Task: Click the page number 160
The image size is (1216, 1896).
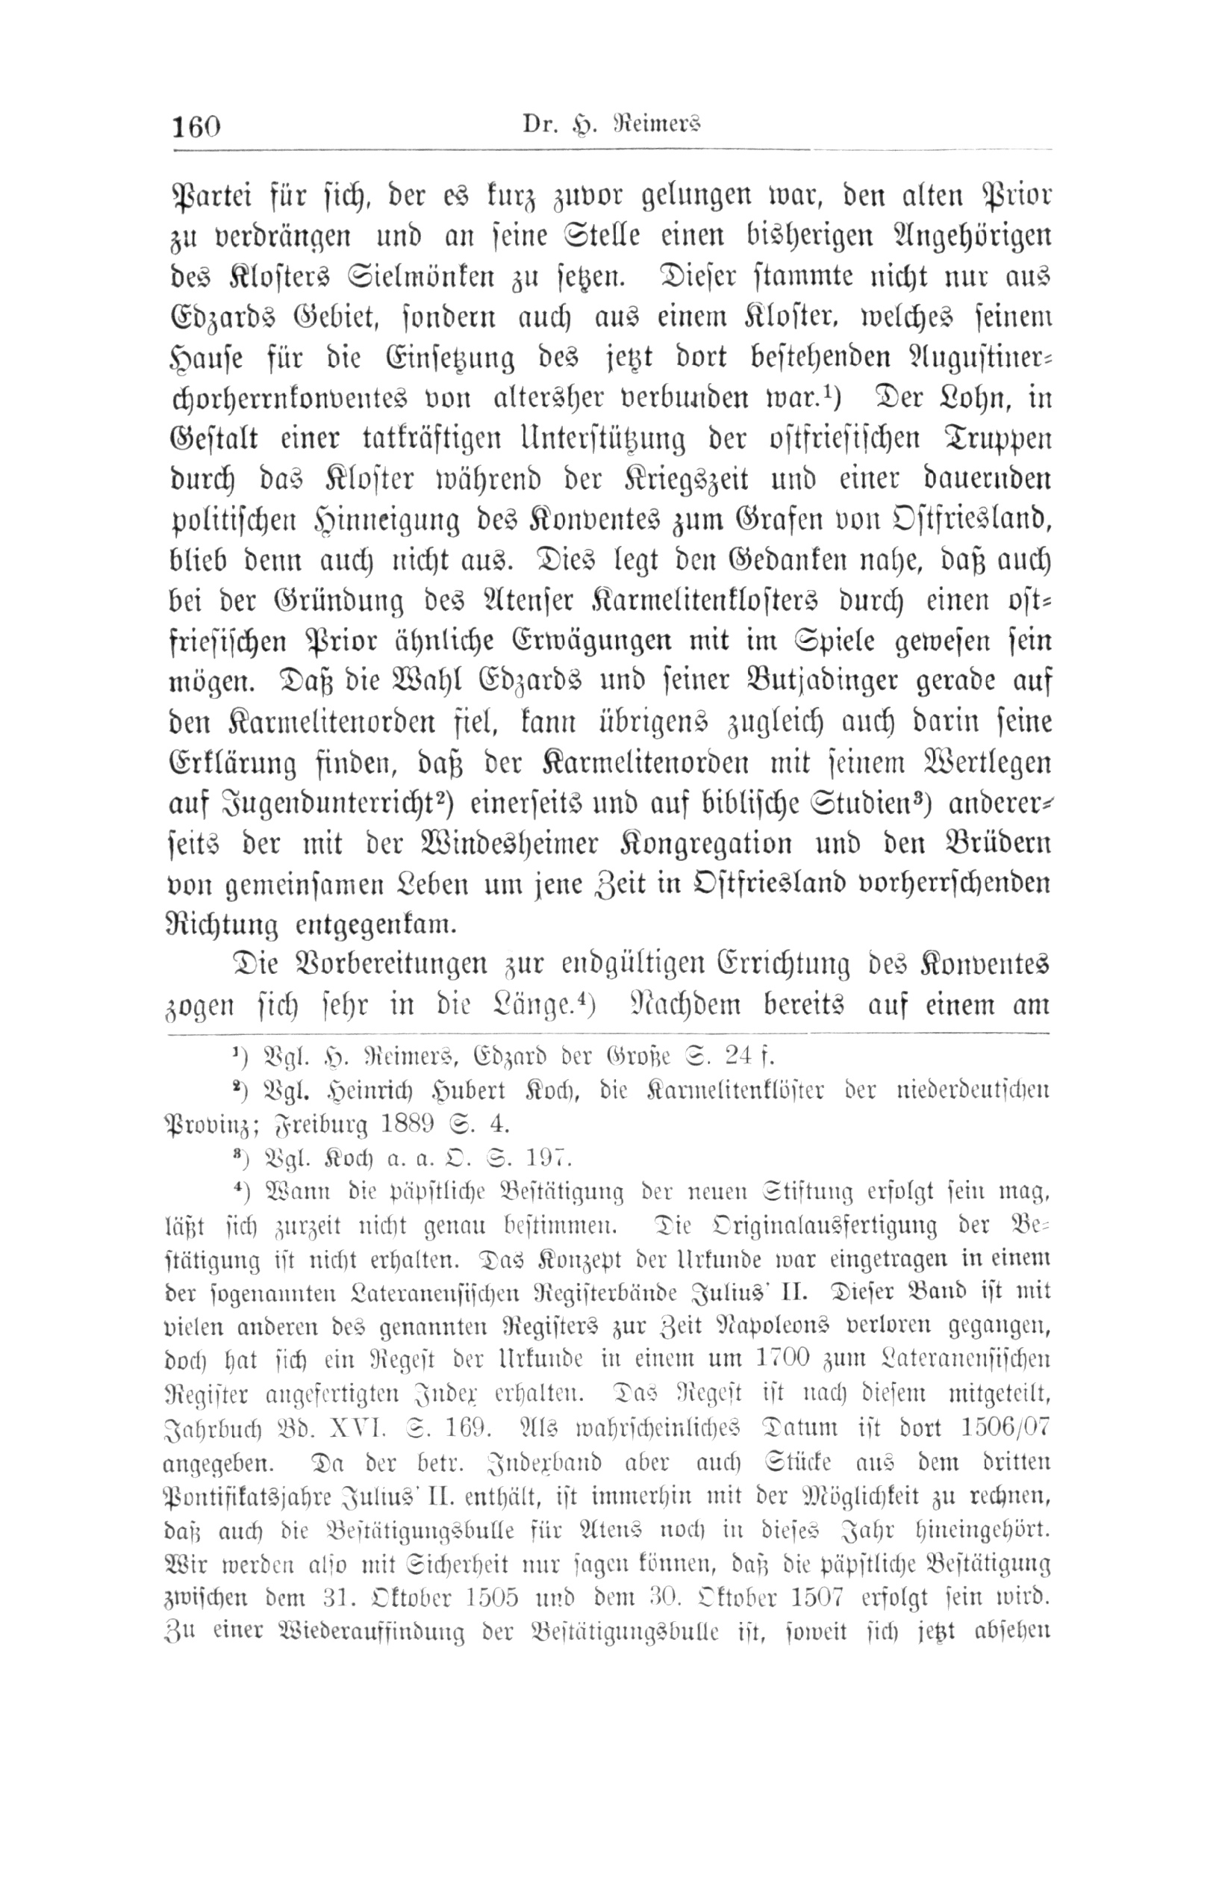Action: coord(196,125)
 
